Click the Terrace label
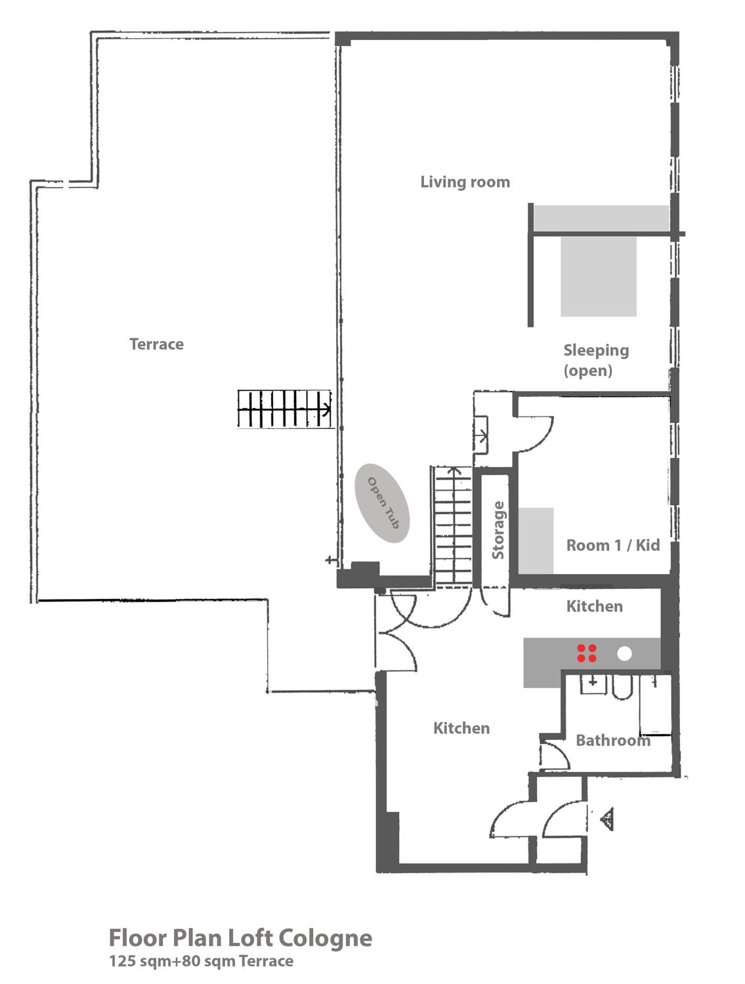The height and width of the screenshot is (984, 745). pos(156,344)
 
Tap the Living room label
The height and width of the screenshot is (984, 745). pos(465,182)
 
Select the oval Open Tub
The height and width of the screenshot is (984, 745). pos(382,503)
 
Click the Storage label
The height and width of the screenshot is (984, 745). pos(498,530)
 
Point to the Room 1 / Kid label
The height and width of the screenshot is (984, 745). pos(612,545)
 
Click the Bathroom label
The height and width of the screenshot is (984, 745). pos(612,740)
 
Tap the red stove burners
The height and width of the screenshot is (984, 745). pos(586,653)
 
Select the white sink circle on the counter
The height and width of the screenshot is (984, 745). pos(624,653)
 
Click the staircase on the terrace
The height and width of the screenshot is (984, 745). pos(284,409)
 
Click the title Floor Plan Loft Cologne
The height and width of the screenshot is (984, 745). pos(240,938)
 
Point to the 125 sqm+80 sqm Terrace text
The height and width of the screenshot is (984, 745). pos(202,961)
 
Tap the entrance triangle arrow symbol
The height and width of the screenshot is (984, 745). pos(607,819)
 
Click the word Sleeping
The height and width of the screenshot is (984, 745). pos(596,350)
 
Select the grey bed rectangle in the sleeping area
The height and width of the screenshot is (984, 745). pos(599,276)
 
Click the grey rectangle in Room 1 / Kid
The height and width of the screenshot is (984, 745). pos(536,540)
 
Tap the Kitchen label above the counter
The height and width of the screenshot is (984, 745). pos(594,606)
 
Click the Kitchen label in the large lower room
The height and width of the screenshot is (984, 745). pos(461,728)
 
